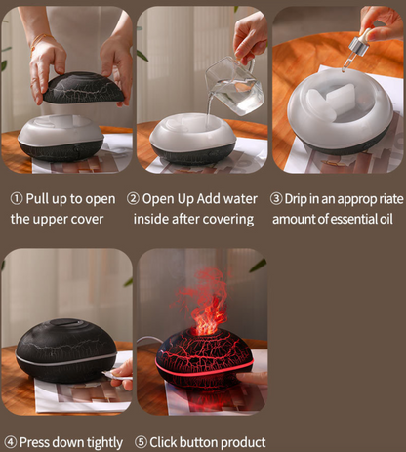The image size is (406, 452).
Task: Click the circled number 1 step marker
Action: coord(17,198)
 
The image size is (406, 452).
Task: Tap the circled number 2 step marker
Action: coord(133,198)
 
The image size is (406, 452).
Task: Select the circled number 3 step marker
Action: coord(276,199)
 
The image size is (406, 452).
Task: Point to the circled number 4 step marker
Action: coord(11,442)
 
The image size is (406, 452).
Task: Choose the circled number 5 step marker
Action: coord(141,442)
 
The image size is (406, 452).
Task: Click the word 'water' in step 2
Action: coord(240,199)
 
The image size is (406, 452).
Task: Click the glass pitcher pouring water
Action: coord(233,86)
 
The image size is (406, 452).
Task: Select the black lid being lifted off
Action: coord(84,88)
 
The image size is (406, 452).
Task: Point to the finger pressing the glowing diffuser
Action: coord(251,379)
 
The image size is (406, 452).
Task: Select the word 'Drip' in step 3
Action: coord(296,199)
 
